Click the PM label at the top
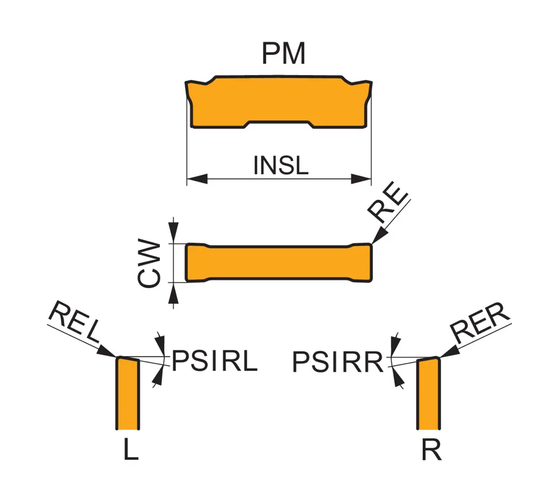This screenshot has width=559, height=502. coord(283,54)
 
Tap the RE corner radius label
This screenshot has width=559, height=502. coord(389,208)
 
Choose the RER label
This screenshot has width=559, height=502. coord(481,323)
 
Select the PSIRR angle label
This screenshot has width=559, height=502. coord(338,363)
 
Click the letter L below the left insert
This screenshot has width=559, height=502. coord(130,451)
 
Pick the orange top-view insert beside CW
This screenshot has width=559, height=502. coord(278,262)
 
